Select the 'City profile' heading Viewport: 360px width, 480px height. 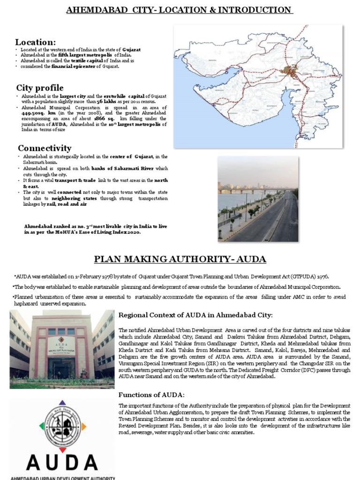pyautogui.click(x=40, y=88)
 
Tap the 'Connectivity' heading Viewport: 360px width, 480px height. pyautogui.click(x=45, y=148)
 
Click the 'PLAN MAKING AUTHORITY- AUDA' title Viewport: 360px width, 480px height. pyautogui.click(x=180, y=259)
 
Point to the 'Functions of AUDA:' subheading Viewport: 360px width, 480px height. pyautogui.click(x=151, y=395)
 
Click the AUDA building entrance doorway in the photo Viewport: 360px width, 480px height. pyautogui.click(x=61, y=366)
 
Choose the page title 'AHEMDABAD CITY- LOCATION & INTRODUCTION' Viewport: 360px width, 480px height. pyautogui.click(x=180, y=10)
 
